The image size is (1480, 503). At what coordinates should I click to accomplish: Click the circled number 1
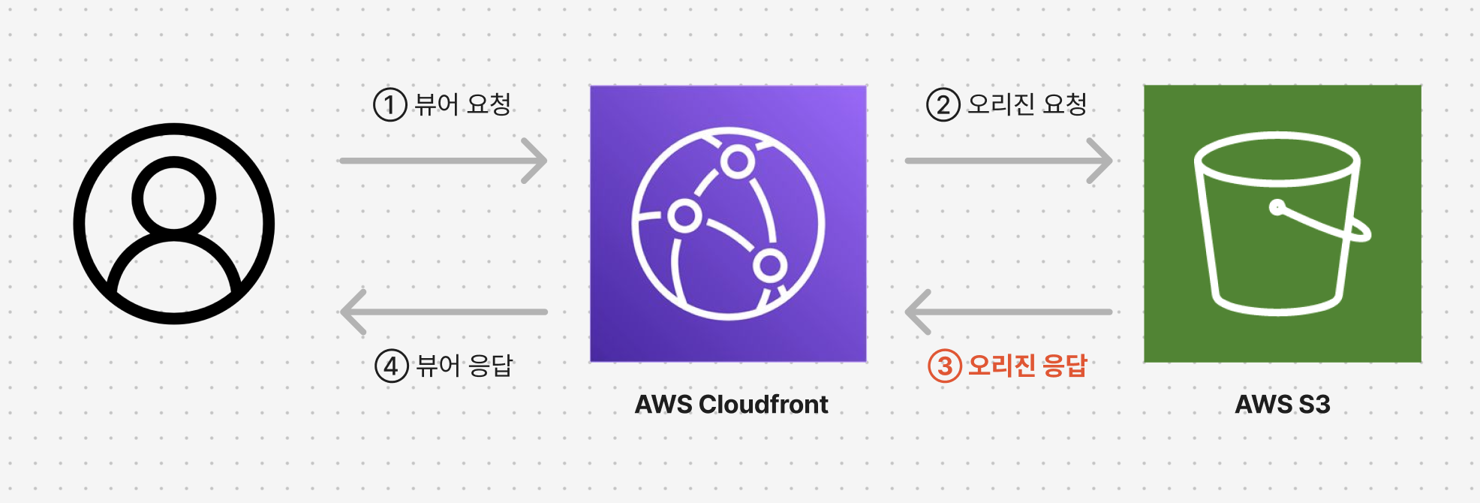pyautogui.click(x=390, y=105)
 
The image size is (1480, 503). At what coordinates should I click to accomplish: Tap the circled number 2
pyautogui.click(x=943, y=105)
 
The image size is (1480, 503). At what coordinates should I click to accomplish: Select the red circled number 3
pyautogui.click(x=945, y=366)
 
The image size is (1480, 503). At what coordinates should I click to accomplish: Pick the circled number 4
pyautogui.click(x=391, y=366)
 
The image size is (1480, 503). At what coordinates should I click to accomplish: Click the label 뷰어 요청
pyautogui.click(x=462, y=104)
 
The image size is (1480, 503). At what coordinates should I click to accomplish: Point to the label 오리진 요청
pyautogui.click(x=1027, y=104)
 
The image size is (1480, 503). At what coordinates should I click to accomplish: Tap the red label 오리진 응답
pyautogui.click(x=1027, y=366)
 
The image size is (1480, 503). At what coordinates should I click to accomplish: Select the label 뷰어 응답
pyautogui.click(x=465, y=366)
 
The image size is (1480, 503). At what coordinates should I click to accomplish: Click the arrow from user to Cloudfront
pyautogui.click(x=443, y=161)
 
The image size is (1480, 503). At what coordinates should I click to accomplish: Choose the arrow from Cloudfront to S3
pyautogui.click(x=1008, y=161)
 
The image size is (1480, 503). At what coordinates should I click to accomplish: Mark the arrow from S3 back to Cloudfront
pyautogui.click(x=1008, y=312)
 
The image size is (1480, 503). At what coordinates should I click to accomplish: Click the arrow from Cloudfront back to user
pyautogui.click(x=443, y=312)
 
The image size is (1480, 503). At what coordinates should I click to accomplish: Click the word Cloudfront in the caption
pyautogui.click(x=763, y=405)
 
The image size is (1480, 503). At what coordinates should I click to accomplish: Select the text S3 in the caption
pyautogui.click(x=1314, y=405)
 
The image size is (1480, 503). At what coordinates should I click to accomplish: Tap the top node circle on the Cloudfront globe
pyautogui.click(x=738, y=161)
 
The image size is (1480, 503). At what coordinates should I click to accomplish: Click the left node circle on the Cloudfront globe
pyautogui.click(x=684, y=216)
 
